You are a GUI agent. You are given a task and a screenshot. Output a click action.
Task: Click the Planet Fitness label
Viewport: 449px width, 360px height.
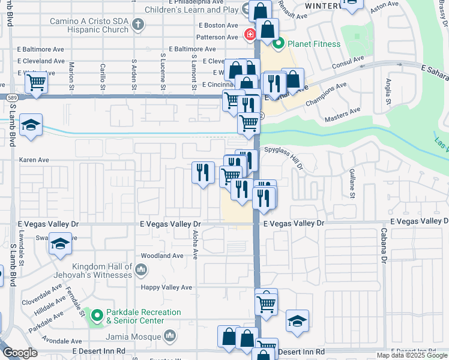pos(313,44)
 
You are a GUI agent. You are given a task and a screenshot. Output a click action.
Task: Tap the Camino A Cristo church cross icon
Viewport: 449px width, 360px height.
pos(139,25)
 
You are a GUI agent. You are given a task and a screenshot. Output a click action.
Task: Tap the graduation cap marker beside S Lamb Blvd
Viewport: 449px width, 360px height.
pos(31,126)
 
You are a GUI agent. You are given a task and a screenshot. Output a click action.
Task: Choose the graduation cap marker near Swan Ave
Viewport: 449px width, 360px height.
pos(59,245)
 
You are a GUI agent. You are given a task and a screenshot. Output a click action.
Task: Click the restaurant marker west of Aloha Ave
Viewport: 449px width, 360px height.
pos(203,172)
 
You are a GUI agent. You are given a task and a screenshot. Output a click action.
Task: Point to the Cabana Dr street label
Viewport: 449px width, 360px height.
pos(382,244)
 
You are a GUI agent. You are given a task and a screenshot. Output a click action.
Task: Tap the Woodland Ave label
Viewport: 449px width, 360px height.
pos(162,256)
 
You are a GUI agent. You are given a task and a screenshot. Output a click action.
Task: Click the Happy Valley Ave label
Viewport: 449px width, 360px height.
pos(166,287)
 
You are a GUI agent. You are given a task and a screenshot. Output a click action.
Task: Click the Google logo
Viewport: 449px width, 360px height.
pos(20,352)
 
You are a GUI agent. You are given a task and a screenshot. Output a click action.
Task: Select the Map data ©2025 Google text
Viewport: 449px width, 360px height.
pos(411,355)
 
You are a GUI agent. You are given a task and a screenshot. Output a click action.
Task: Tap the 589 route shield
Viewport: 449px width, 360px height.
pos(12,97)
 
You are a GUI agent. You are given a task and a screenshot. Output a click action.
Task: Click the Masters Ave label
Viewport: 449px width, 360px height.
pos(342,110)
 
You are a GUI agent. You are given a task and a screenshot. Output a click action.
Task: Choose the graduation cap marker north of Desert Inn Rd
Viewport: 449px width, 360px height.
pos(297,322)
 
